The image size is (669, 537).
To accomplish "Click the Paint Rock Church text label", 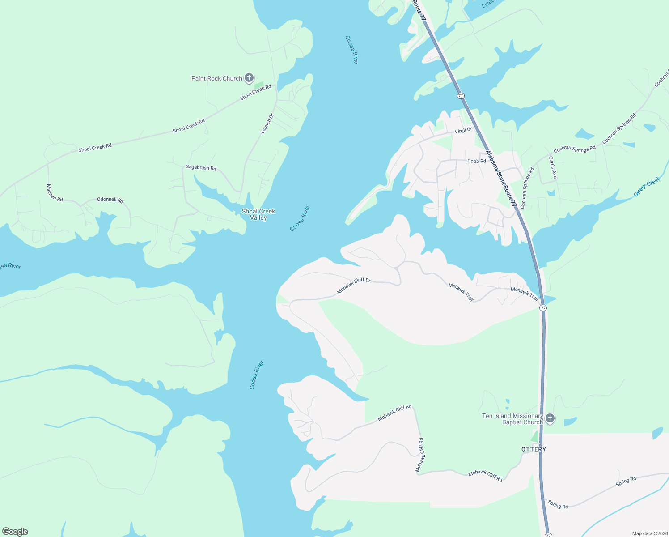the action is coord(216,78).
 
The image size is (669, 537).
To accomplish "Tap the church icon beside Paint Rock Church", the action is coord(249,78).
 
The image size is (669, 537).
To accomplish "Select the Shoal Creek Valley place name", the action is coord(258,214).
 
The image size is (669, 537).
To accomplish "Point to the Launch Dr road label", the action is coord(267,124).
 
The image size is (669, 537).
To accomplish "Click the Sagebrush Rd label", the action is coord(201,168).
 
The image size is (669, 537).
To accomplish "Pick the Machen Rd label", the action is coord(55,192).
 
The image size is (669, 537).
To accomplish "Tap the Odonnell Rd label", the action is coord(110,200).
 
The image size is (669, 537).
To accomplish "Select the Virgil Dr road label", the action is coord(463,130).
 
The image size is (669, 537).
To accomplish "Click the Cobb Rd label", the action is coord(476,161).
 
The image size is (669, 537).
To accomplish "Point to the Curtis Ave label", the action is coord(553,167).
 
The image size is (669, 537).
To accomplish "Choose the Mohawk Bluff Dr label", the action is coord(354,286).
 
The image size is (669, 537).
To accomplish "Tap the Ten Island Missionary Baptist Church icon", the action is coord(550,418).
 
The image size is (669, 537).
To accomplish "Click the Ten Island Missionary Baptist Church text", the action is coord(512,419).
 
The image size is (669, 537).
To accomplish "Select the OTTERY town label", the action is coord(534,449).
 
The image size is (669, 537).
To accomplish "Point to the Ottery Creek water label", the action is coord(647,187).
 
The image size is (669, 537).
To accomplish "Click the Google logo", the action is coord(15,532).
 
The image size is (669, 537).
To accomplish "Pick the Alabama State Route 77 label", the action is coord(501,178).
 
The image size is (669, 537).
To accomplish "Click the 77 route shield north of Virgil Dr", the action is coord(461,96).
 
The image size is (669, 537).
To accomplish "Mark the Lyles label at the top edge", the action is coord(487,4).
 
